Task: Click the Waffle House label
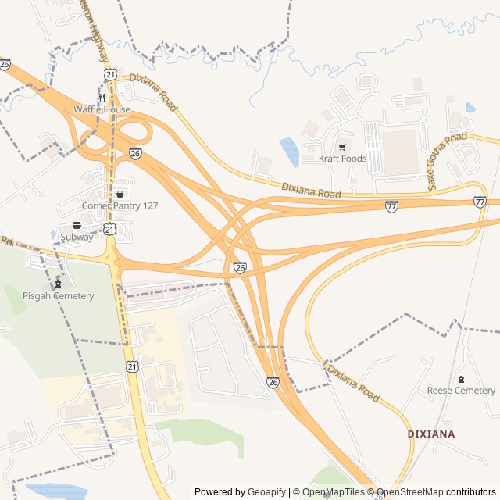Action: (102, 109)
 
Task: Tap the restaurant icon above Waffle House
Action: (102, 98)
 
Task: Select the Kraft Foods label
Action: (342, 159)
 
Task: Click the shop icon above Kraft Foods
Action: (342, 147)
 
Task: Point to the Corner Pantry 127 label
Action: (120, 205)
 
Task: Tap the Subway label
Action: (77, 237)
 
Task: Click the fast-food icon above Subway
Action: (77, 225)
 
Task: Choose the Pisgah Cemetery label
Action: (58, 296)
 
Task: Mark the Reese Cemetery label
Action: (461, 391)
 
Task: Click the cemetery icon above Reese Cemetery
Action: (461, 379)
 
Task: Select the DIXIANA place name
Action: (431, 434)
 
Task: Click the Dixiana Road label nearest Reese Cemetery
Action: (353, 383)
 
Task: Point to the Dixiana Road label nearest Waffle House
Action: (154, 91)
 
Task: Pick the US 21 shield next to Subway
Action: (110, 229)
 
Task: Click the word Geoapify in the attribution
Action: (266, 492)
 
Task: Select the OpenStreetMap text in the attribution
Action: (409, 492)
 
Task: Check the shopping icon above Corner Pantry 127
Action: (120, 194)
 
